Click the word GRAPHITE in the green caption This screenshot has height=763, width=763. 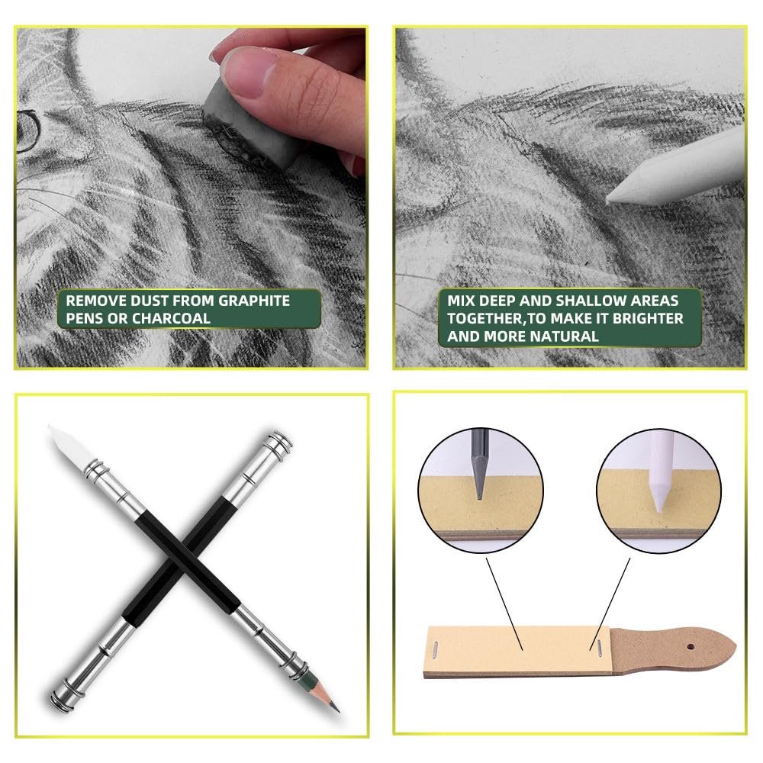tap(254, 301)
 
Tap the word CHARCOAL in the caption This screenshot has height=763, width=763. tap(171, 318)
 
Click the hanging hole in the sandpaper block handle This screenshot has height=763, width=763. tap(691, 647)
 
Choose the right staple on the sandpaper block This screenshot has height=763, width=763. tap(600, 645)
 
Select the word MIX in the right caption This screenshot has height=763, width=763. tap(460, 301)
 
